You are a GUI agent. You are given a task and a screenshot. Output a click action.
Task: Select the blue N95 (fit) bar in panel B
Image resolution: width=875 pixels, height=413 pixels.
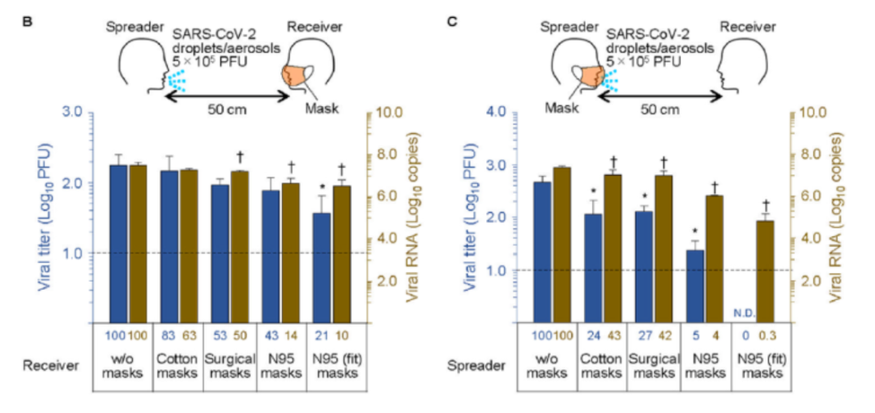pos(322,267)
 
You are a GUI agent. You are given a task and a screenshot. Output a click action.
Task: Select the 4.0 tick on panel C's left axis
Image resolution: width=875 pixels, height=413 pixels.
pos(498,113)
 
